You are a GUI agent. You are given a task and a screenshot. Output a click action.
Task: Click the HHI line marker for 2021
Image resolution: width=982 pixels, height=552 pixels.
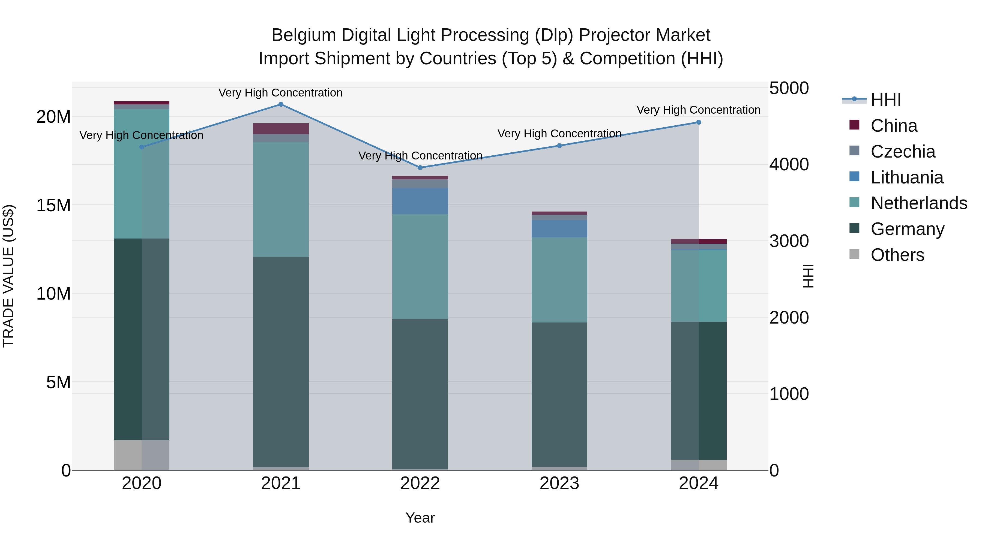click(281, 104)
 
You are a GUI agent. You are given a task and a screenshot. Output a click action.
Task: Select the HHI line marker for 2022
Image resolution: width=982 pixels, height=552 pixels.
click(420, 168)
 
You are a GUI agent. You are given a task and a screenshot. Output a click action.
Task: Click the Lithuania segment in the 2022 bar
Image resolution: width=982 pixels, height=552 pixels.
click(420, 201)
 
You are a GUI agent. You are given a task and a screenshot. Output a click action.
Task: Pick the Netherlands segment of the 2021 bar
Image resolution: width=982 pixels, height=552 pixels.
click(281, 199)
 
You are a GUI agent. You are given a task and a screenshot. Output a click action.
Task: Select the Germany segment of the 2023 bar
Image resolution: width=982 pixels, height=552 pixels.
click(559, 394)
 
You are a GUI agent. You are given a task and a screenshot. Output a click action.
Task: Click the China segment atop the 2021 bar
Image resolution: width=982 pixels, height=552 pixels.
click(281, 129)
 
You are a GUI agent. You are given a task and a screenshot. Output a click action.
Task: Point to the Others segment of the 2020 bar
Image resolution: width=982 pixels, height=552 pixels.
click(141, 455)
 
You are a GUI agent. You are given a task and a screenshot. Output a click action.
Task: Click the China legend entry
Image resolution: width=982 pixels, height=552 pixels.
click(894, 126)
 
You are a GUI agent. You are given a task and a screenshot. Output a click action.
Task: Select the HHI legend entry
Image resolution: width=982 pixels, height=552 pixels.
click(885, 100)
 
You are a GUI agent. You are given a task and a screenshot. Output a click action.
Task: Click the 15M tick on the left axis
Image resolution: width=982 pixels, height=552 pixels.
click(53, 205)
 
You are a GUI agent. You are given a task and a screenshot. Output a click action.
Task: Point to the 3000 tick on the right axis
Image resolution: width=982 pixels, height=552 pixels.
click(788, 241)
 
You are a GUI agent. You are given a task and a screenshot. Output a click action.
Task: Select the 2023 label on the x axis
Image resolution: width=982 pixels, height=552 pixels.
click(559, 483)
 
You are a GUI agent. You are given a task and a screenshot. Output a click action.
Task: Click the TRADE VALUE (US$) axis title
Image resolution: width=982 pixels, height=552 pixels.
click(8, 276)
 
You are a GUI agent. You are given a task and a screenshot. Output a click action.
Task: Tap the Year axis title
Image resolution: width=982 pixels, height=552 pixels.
click(420, 518)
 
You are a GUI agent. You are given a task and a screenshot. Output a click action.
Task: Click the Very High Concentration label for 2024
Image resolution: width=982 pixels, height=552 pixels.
click(698, 110)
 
